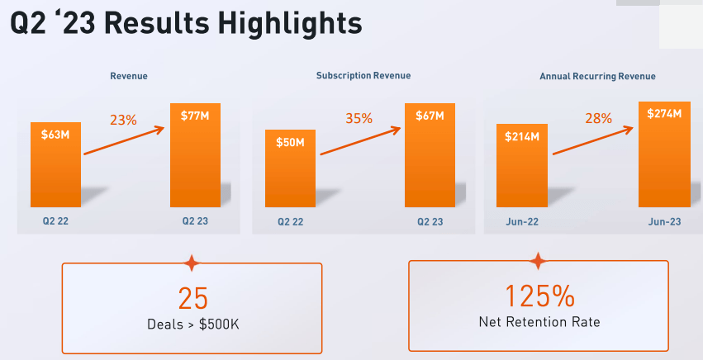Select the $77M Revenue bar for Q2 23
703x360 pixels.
[x=195, y=161]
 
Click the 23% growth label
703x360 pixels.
[x=123, y=120]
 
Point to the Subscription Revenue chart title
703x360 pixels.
[x=363, y=76]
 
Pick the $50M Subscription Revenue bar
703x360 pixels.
[x=290, y=169]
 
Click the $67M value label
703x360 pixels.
[x=429, y=115]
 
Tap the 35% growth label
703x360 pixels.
[x=359, y=119]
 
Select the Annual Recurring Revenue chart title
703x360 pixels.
[x=597, y=76]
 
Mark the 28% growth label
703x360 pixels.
[x=598, y=119]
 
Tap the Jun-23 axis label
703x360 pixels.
[x=663, y=221]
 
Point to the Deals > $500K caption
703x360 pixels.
[x=192, y=324]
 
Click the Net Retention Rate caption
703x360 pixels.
[x=539, y=322]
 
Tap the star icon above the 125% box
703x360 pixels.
[x=539, y=262]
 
